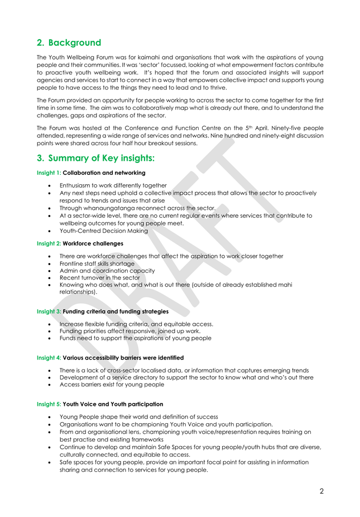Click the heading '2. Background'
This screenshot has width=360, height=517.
tap(69, 43)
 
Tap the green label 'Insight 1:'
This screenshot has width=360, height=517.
tap(49, 173)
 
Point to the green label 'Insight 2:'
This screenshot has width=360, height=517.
tap(49, 243)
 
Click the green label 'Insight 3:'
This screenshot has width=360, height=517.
tap(49, 311)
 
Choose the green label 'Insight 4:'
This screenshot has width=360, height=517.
tap(49, 357)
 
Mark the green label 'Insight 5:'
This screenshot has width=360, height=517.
tap(49, 404)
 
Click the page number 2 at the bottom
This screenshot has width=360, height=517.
tap(321, 491)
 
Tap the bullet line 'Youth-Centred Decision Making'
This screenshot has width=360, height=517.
tap(104, 231)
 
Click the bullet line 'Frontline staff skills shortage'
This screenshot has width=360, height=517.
tap(97, 264)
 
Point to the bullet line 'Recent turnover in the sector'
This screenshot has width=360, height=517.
tap(99, 277)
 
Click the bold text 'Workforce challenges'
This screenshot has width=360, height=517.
tap(93, 243)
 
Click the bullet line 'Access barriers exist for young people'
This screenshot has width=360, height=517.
tap(112, 385)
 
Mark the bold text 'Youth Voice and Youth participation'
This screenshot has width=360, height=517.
tap(113, 404)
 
